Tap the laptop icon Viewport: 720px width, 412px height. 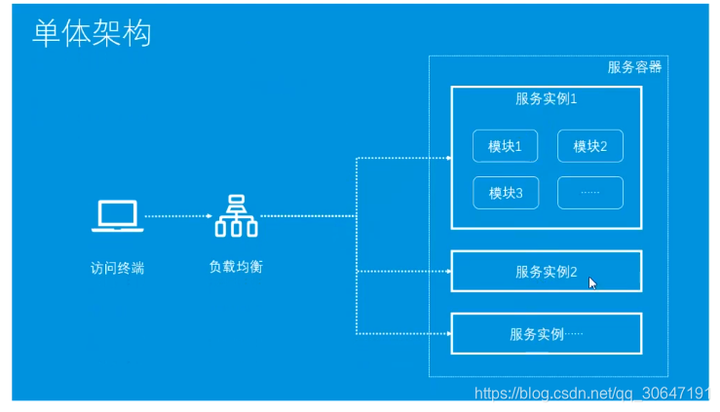click(x=118, y=216)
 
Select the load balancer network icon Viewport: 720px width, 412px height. click(x=236, y=216)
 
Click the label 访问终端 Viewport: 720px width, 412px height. click(x=117, y=268)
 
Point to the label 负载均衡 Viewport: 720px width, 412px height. click(x=236, y=266)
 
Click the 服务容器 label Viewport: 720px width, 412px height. click(x=634, y=67)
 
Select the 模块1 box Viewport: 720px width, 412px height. click(x=506, y=146)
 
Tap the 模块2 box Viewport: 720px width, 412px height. click(x=590, y=146)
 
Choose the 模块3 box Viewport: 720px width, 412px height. click(x=506, y=193)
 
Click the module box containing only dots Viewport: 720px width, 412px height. click(x=590, y=193)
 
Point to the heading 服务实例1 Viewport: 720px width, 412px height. click(x=547, y=98)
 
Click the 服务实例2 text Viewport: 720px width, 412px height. click(x=547, y=272)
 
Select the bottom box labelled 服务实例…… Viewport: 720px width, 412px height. click(x=546, y=333)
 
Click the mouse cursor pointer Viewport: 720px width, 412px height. click(x=592, y=282)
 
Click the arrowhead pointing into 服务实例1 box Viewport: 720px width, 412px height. click(x=447, y=157)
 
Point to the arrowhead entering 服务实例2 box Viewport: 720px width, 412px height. click(x=447, y=271)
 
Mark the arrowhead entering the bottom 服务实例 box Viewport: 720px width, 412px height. click(x=447, y=333)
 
